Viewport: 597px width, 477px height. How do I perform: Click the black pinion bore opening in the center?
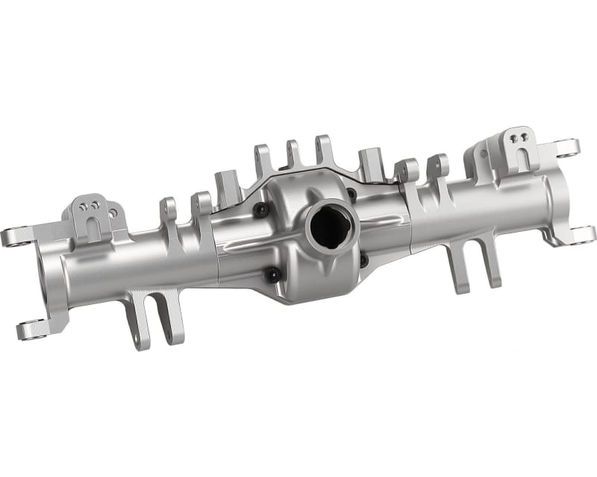tap(326, 224)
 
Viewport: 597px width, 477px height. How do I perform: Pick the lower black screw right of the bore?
tap(363, 261)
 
